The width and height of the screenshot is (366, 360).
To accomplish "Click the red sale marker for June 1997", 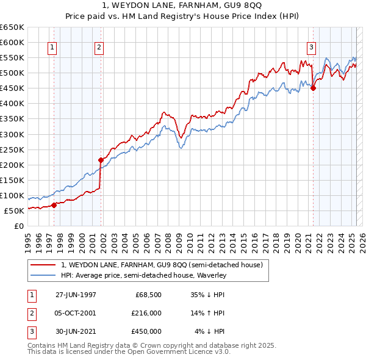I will pos(54,205).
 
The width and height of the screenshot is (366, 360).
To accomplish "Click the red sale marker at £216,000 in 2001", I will pos(101,160).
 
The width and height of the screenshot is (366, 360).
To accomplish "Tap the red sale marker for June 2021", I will pos(314,88).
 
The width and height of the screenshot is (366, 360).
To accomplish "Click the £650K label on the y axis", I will pos(12,27).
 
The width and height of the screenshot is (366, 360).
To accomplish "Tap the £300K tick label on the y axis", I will pos(12,134).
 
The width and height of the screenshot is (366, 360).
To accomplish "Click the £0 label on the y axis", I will pos(19,226).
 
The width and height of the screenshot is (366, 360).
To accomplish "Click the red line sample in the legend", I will pos(43,265).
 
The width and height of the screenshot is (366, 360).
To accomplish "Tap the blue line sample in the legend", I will pos(43,275).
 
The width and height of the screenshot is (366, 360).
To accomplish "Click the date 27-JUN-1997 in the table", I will pos(76,295).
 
